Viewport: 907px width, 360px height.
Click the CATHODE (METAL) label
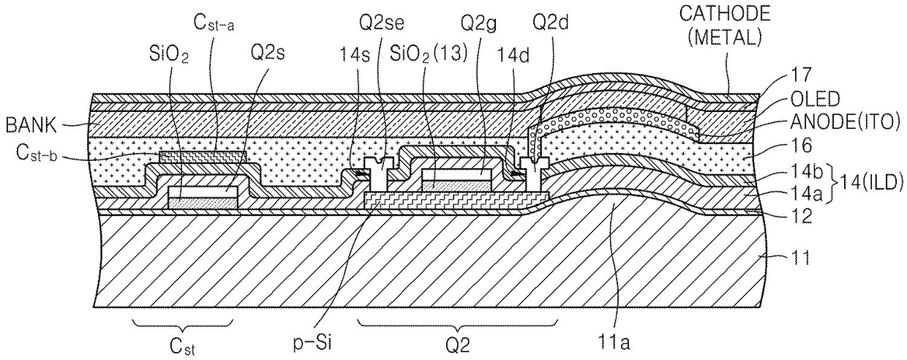click(x=724, y=25)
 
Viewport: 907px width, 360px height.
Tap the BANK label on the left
click(x=31, y=126)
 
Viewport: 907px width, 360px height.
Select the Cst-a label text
click(x=214, y=23)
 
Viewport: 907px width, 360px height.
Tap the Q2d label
click(x=550, y=23)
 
